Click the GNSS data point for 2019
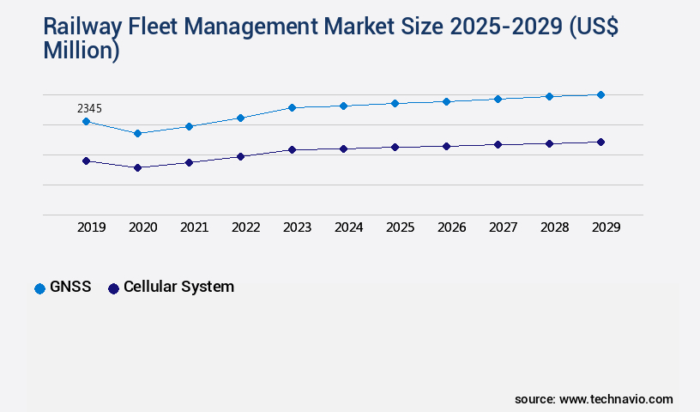(x=86, y=122)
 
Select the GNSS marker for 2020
(x=137, y=133)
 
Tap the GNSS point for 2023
(x=292, y=107)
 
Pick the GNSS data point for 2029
(x=600, y=94)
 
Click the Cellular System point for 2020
(x=137, y=167)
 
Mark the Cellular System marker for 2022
(x=240, y=156)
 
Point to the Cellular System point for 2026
(x=446, y=146)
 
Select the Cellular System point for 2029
(x=600, y=142)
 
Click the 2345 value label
(x=90, y=108)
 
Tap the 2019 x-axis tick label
(x=92, y=227)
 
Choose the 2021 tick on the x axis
(x=195, y=227)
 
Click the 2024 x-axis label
(x=349, y=227)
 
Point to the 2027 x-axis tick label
(x=504, y=227)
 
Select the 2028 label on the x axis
(x=555, y=227)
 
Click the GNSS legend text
(x=70, y=288)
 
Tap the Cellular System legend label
(x=178, y=287)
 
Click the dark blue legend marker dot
(x=113, y=288)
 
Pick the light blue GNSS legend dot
(x=39, y=288)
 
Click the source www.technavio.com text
(x=594, y=399)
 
